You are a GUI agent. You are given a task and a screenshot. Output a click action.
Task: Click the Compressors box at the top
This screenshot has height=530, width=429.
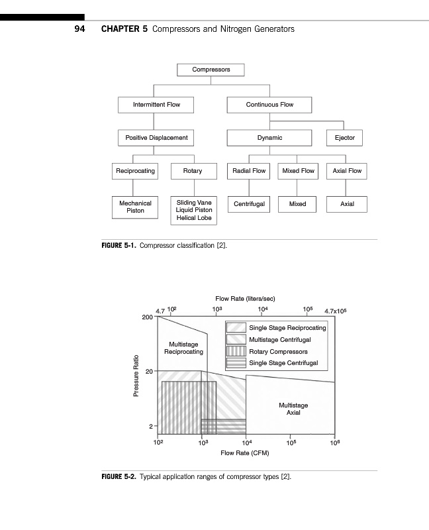point(211,70)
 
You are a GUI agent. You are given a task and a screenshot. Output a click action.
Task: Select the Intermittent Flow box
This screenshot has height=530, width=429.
point(156,105)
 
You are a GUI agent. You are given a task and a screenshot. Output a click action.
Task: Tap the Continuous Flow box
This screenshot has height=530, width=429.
point(269,105)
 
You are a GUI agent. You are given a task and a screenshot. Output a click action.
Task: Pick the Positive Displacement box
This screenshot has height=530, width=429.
point(156,138)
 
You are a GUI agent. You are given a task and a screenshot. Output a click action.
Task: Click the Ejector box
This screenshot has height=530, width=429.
point(344,138)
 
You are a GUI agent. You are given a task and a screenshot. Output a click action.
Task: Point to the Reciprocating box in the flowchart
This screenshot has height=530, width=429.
point(135,171)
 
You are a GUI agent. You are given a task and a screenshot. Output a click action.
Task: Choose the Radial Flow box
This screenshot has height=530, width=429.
point(249,171)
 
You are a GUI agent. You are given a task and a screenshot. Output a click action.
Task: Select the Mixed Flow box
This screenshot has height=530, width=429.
point(298,171)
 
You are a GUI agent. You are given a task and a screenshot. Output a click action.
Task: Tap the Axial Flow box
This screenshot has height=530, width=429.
point(347,171)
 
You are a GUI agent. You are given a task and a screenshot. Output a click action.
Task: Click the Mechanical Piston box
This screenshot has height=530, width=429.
point(135,207)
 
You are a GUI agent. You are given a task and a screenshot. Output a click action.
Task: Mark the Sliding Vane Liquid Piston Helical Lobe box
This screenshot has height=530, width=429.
point(194,210)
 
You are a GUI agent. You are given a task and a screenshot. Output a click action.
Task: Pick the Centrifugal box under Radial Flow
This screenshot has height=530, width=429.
point(249,204)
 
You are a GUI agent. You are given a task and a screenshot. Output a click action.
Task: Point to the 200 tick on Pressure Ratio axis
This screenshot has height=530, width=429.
point(147,317)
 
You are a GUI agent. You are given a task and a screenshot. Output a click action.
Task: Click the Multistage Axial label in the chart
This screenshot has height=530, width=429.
point(293,409)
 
